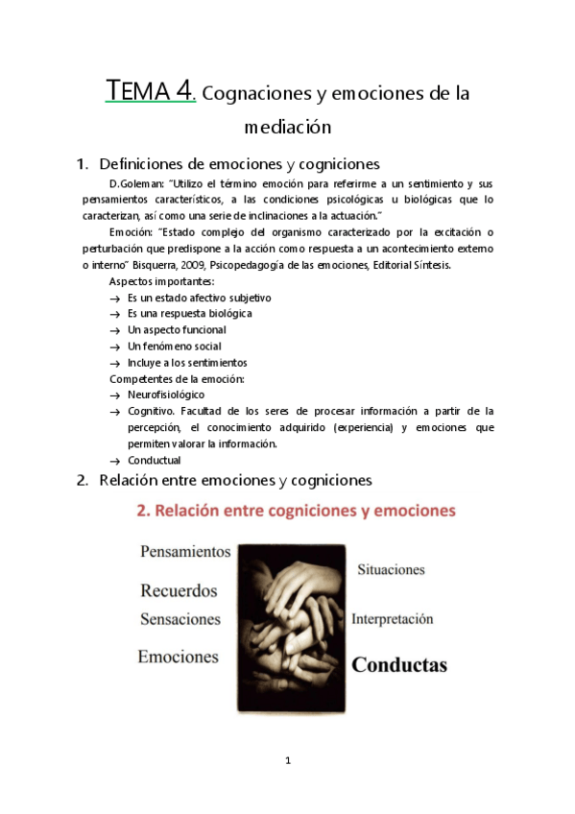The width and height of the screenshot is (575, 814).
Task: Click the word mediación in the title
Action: click(287, 126)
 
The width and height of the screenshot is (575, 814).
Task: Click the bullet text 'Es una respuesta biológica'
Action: click(189, 314)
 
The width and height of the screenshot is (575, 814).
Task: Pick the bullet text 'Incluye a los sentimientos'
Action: click(187, 363)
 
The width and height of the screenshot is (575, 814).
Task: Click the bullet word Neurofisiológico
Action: click(166, 395)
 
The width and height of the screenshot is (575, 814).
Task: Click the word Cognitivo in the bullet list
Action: click(152, 411)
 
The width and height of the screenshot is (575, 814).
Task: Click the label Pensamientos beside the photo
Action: click(185, 552)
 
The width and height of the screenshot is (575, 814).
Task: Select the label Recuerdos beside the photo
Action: click(179, 590)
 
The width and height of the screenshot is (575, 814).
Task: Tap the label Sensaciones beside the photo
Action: click(180, 620)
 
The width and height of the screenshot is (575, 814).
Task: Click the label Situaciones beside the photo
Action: click(391, 569)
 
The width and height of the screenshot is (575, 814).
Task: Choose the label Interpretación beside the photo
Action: click(393, 619)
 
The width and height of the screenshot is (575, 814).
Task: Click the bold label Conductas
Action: click(399, 664)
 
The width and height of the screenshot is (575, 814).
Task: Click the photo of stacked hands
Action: click(292, 628)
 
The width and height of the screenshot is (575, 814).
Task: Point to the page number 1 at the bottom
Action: click(287, 761)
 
